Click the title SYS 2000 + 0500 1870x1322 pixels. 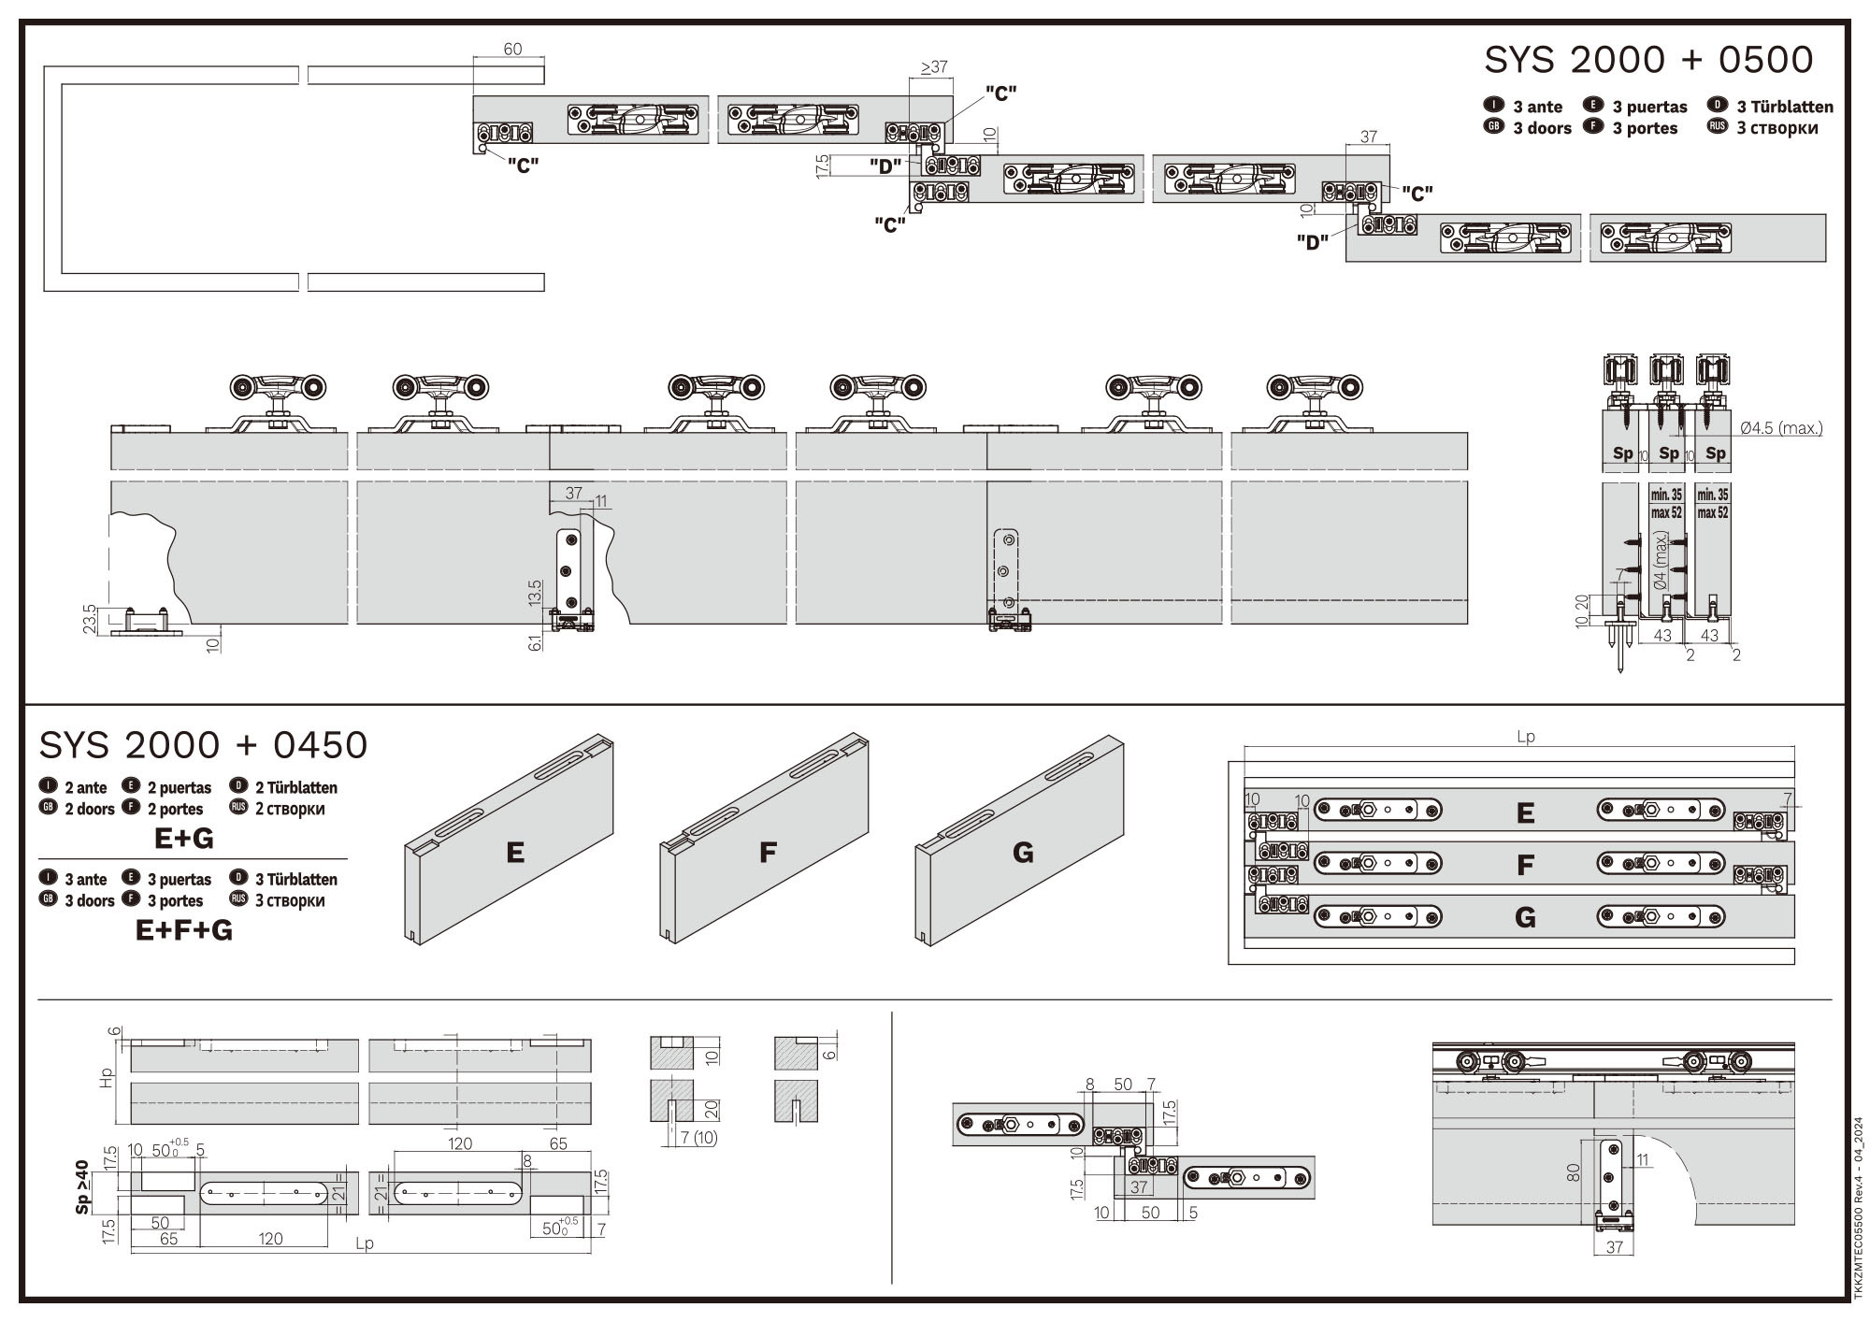pyautogui.click(x=1648, y=60)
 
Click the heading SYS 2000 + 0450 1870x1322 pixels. pyautogui.click(x=203, y=745)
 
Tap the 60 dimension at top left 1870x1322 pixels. pyautogui.click(x=512, y=49)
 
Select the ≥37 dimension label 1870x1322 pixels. pyautogui.click(x=934, y=66)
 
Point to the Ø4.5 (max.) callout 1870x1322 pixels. pyautogui.click(x=1781, y=428)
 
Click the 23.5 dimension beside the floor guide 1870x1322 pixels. pyautogui.click(x=89, y=619)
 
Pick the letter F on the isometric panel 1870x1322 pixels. pyautogui.click(x=768, y=853)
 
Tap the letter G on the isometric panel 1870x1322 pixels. pyautogui.click(x=1023, y=853)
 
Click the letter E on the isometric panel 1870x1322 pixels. pyautogui.click(x=514, y=853)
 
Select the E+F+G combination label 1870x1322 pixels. pyautogui.click(x=184, y=930)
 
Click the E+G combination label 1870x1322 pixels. pyautogui.click(x=184, y=839)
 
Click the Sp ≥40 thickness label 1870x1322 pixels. pyautogui.click(x=82, y=1187)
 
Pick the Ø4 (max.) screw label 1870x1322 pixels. pyautogui.click(x=1661, y=561)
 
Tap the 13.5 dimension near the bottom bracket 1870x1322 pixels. pyautogui.click(x=535, y=594)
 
